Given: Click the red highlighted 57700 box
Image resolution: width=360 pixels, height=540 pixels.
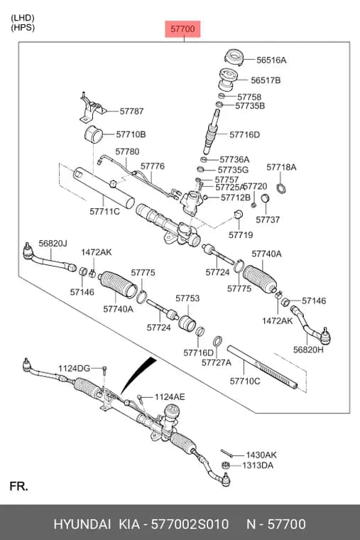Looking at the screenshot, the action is (182, 29).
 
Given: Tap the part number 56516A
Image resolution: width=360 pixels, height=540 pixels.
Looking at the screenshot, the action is (271, 60).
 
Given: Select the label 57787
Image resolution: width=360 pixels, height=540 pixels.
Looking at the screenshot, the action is (131, 112).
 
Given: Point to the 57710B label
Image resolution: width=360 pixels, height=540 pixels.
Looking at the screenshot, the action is (131, 134).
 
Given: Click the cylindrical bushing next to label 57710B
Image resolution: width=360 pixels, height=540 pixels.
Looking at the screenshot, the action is (94, 134).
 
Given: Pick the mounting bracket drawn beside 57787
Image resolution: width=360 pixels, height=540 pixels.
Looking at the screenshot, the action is (92, 107).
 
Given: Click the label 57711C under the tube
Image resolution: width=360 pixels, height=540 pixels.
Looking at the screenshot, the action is (104, 211).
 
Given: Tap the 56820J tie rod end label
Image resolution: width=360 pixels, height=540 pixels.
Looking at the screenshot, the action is (53, 244).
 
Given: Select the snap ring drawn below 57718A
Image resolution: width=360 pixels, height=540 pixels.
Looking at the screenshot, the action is (281, 188).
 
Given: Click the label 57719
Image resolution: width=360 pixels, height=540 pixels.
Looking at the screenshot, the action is (241, 235).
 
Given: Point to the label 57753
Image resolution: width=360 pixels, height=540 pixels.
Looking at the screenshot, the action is (187, 298).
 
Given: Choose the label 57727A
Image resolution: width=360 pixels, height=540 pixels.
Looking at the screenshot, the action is (217, 362).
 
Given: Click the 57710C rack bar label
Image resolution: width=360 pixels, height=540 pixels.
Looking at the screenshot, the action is (245, 382).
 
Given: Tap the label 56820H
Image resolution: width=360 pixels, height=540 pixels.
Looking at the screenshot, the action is (308, 350).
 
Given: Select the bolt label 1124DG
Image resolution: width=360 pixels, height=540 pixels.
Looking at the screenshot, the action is (74, 369).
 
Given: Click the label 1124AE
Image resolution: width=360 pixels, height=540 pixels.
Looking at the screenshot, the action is (170, 397).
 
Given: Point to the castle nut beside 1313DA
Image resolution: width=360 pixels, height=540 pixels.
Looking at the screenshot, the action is (224, 465).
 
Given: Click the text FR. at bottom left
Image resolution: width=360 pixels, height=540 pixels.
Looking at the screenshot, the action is (19, 486).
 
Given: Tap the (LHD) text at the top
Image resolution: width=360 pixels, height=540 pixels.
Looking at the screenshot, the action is (23, 18).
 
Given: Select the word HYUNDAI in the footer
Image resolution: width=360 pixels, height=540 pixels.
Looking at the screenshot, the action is (82, 524).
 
